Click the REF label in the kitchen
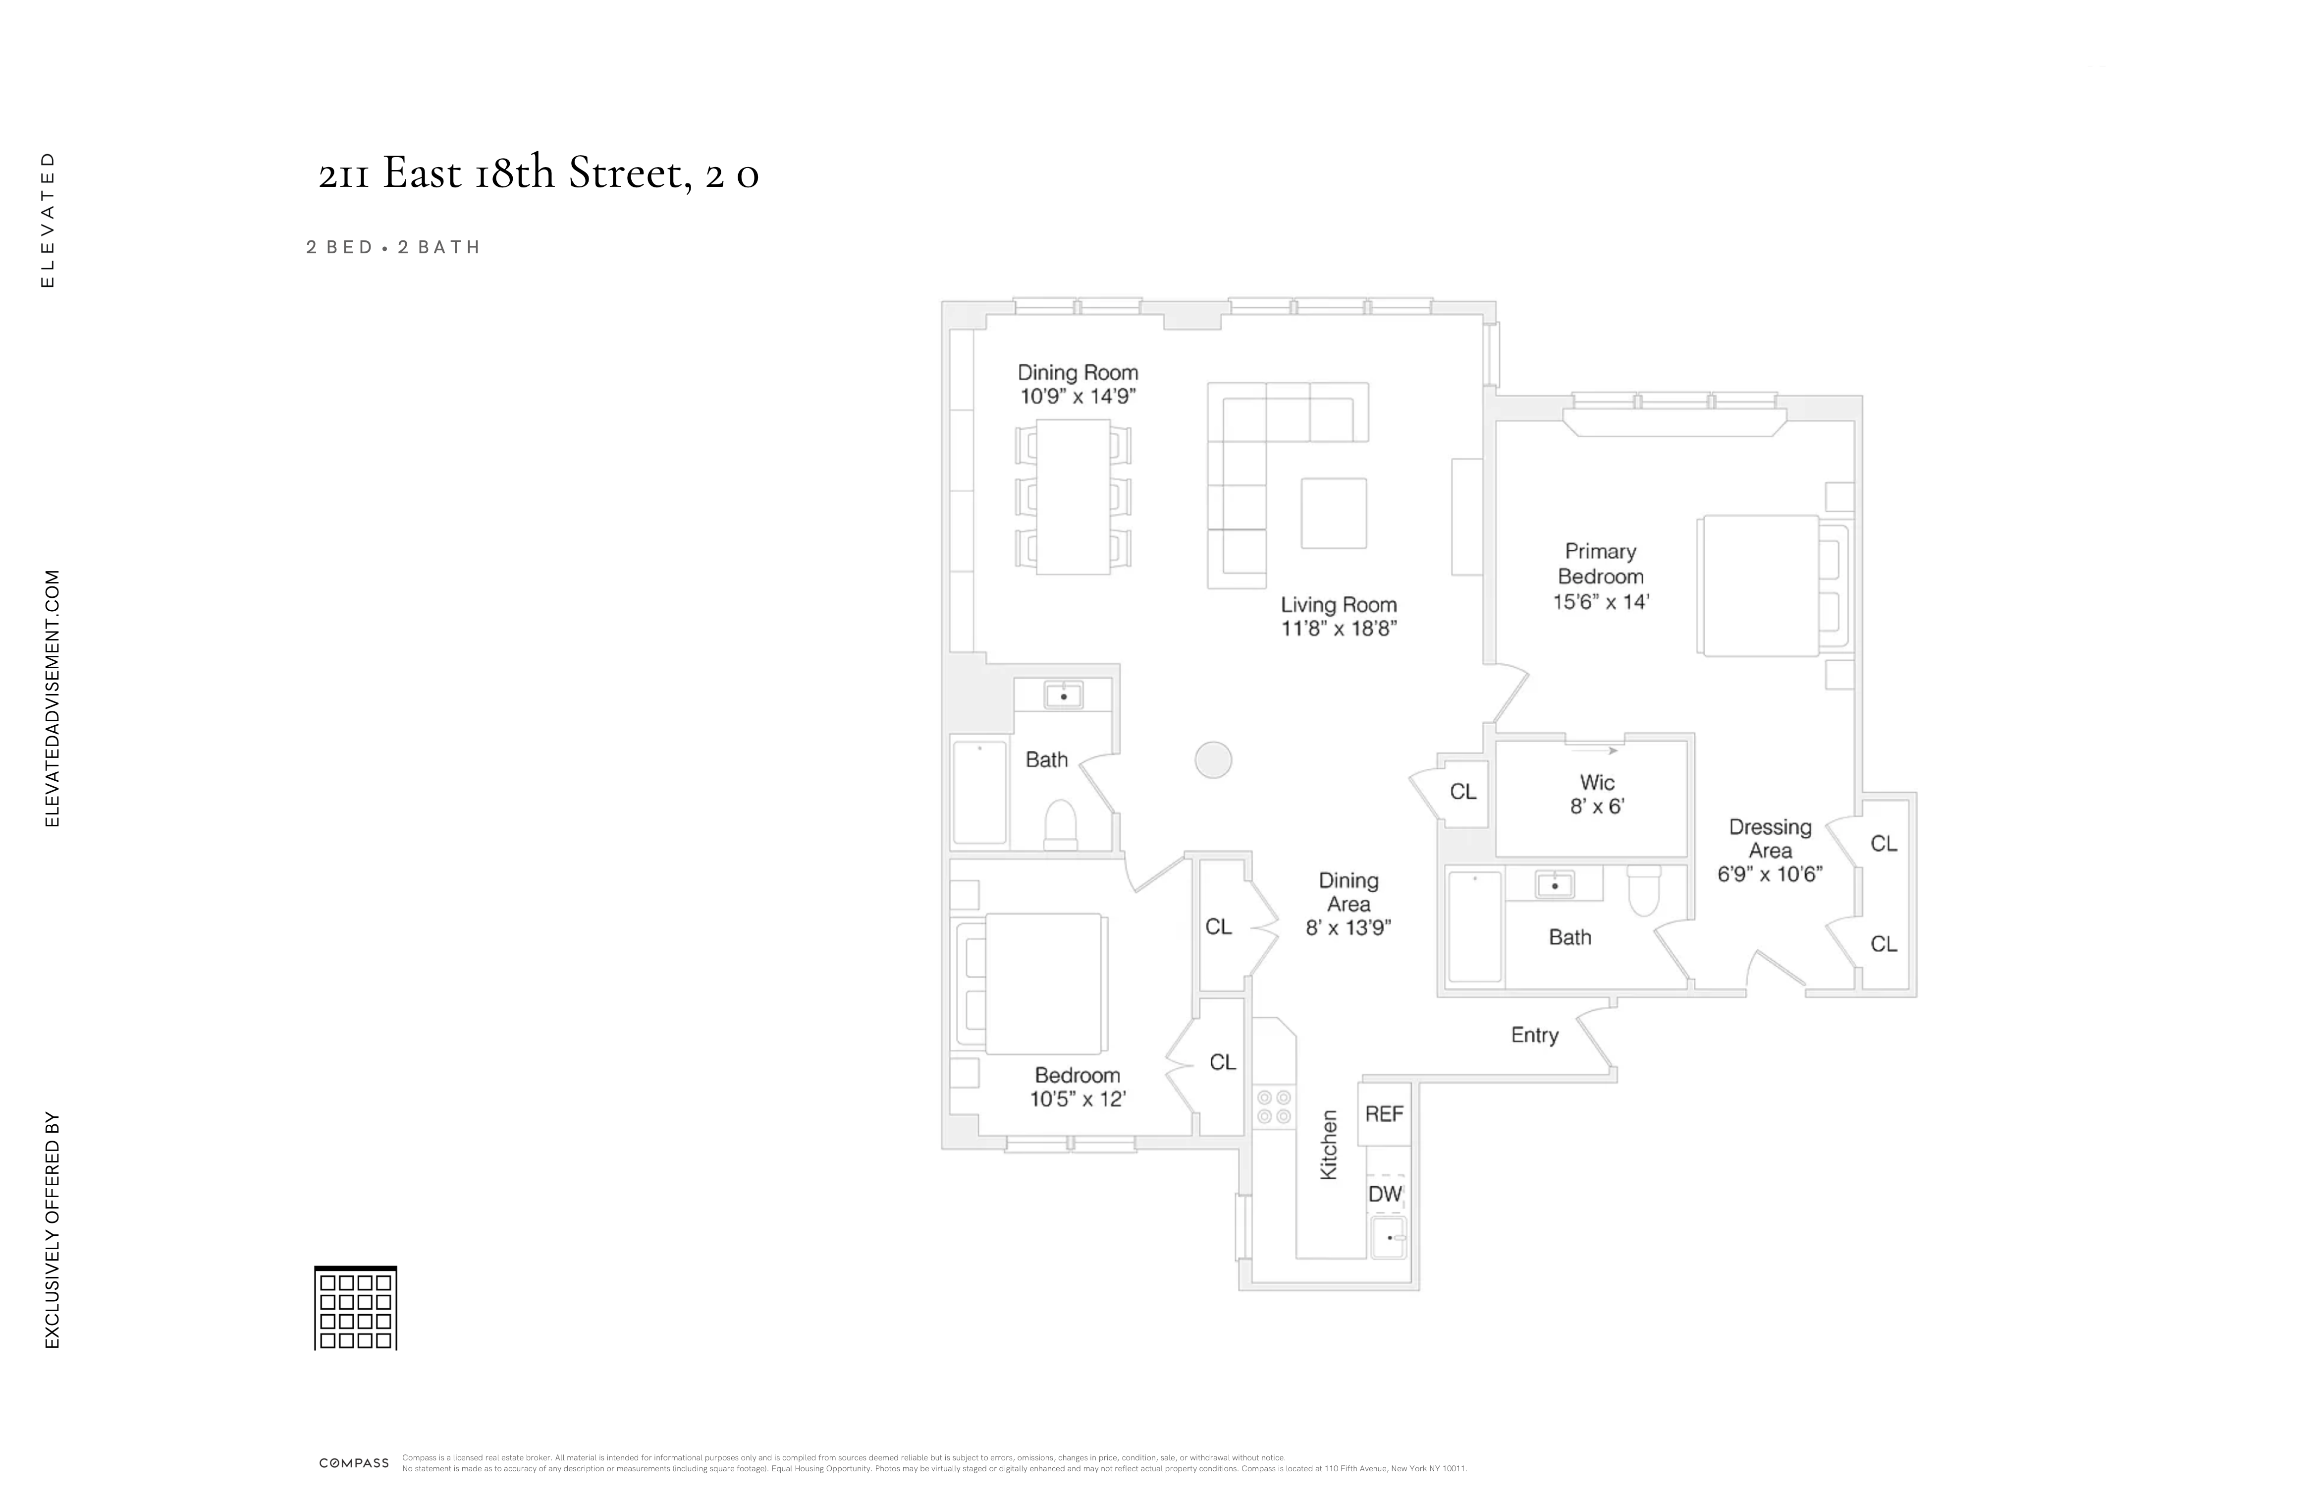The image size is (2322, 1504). click(x=1384, y=1113)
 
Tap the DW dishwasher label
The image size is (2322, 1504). click(x=1384, y=1194)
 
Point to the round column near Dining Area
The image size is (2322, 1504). click(x=1213, y=759)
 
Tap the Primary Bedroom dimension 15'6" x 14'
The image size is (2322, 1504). click(x=1600, y=602)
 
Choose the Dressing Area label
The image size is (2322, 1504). click(x=1770, y=838)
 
